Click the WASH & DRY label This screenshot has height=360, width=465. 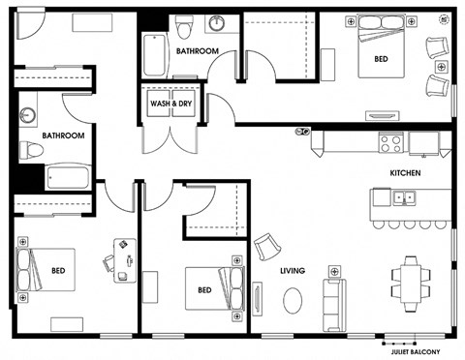point(170,104)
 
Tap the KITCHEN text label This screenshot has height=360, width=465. point(405,173)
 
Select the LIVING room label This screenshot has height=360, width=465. point(293,271)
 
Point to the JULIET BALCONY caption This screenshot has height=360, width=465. point(416,352)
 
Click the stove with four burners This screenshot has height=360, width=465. point(391,142)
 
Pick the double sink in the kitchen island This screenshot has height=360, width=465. point(404,197)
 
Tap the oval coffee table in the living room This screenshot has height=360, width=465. point(293,300)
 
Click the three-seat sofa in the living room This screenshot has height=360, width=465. point(334,305)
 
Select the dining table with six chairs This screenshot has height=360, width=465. point(411,284)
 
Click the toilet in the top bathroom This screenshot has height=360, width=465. point(184,26)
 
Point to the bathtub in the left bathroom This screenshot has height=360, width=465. point(68,177)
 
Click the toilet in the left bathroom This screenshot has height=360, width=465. point(31,151)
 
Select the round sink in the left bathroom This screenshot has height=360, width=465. point(28,115)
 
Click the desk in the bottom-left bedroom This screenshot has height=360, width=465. point(125,260)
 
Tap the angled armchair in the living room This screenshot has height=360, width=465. point(267,247)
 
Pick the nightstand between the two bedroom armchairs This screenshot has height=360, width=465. point(442,67)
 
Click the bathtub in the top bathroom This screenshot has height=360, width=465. point(155,55)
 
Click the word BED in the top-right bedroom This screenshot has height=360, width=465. point(381,59)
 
